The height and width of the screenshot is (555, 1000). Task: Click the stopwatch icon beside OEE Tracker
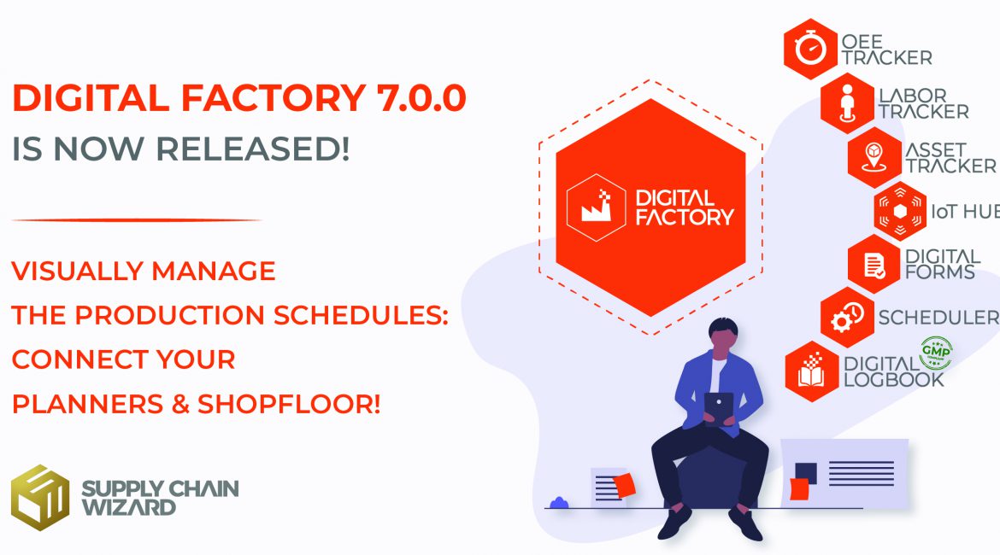[x=809, y=49]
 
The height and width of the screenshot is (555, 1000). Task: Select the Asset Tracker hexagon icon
[x=874, y=158]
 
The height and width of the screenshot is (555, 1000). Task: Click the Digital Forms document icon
[x=874, y=264]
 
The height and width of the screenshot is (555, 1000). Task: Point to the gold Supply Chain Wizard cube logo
[x=39, y=498]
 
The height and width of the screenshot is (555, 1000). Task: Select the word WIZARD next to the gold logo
[x=128, y=507]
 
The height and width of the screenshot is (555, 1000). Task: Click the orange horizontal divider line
[x=137, y=219]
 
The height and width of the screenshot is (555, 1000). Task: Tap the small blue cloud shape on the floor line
[x=559, y=502]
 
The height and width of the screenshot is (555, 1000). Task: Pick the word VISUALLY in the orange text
[x=76, y=272]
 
